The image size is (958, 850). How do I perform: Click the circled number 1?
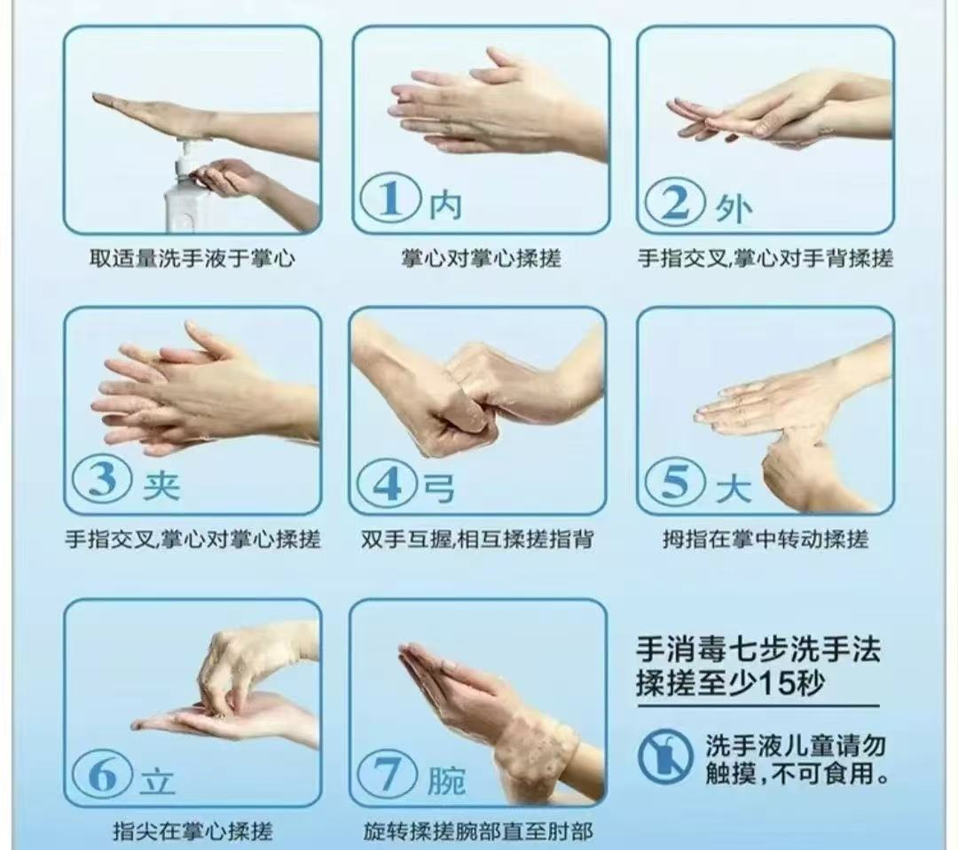(x=389, y=201)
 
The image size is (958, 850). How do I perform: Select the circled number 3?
(x=103, y=480)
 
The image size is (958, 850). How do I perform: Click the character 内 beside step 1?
(x=445, y=206)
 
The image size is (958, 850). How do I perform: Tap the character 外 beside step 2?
(x=733, y=208)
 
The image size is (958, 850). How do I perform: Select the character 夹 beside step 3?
(x=161, y=485)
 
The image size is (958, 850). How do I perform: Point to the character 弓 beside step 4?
(x=442, y=487)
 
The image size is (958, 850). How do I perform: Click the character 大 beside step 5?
(x=733, y=487)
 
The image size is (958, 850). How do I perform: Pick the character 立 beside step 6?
(x=158, y=779)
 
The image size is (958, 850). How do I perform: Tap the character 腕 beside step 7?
(x=445, y=779)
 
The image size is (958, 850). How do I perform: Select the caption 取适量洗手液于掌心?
(x=192, y=259)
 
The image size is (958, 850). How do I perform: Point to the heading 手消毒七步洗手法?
(x=758, y=651)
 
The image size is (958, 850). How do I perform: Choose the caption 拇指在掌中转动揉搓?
(x=765, y=539)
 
